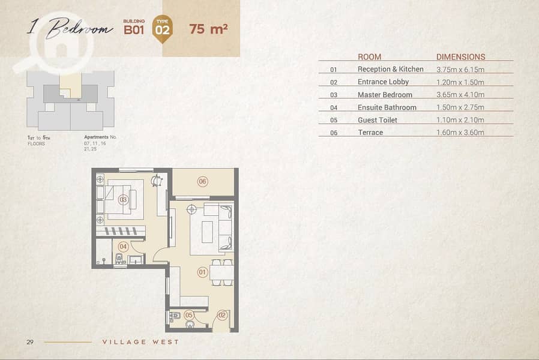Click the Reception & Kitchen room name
tap(391, 69)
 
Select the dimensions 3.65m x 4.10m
tap(460, 94)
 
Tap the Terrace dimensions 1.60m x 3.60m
tap(460, 132)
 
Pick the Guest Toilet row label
tap(377, 120)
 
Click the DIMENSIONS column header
tap(460, 56)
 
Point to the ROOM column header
tap(370, 56)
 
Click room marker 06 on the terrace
tap(202, 181)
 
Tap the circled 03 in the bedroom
tap(123, 199)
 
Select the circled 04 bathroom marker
tap(122, 246)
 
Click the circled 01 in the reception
tap(202, 272)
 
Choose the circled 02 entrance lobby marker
tap(222, 315)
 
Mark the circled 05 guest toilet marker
tap(188, 315)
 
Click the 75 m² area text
tap(208, 29)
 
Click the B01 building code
tap(134, 30)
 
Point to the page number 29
tap(30, 342)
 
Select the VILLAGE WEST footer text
tap(140, 342)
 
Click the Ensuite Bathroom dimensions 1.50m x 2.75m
tap(460, 107)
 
